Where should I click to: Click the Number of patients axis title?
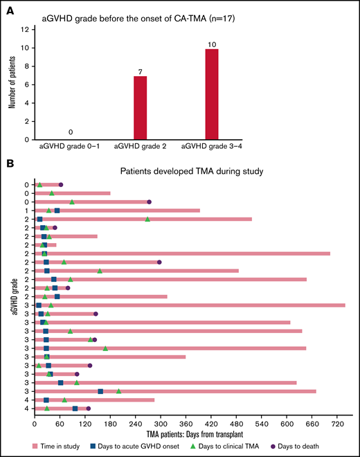pos(12,84)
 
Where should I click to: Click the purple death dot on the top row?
pos(61,185)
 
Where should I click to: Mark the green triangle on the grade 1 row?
pos(49,210)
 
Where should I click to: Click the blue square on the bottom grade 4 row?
pos(75,409)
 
